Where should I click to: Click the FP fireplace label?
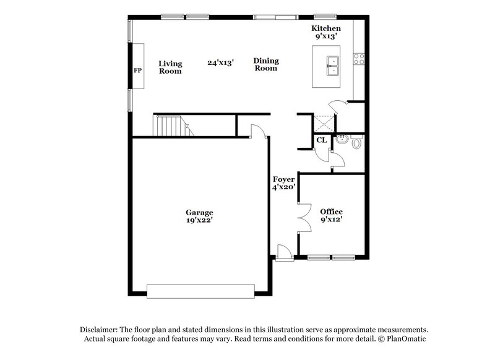[137, 71]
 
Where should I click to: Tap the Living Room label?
[170, 67]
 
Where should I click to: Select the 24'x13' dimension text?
[220, 62]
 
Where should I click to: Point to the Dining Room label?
[266, 64]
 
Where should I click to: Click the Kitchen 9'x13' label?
[325, 33]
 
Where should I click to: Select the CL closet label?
[321, 140]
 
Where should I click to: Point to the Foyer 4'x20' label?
[284, 183]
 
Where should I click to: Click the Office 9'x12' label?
[331, 215]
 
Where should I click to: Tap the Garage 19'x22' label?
[199, 216]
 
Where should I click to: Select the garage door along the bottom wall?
[200, 291]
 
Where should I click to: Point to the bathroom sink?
[341, 140]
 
